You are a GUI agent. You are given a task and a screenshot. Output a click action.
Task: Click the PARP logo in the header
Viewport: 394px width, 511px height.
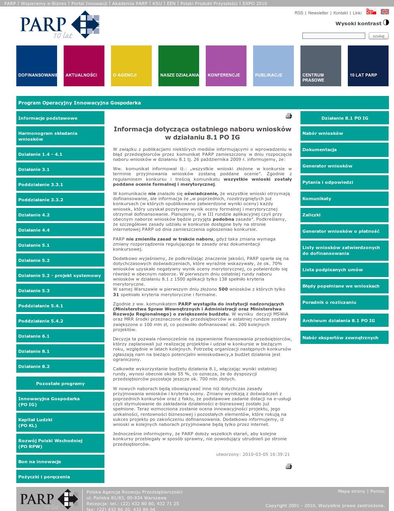60,24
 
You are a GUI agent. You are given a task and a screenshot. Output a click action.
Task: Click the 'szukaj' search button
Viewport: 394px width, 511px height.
378,36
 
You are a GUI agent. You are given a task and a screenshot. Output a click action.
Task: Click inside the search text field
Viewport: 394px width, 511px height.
333,36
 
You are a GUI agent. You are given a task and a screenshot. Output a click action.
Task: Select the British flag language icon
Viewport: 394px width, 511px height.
385,12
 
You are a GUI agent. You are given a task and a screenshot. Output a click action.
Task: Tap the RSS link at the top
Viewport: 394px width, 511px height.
299,13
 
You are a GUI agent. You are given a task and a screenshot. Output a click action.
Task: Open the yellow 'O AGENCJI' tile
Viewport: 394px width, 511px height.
131,66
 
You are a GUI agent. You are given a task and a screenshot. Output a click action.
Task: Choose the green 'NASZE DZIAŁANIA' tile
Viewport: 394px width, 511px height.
179,66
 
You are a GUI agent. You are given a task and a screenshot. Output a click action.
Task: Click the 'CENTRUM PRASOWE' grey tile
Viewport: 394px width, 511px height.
321,66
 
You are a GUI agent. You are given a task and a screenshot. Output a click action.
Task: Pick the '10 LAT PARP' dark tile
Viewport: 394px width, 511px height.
368,66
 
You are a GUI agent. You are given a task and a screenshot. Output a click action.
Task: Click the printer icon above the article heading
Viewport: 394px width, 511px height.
288,116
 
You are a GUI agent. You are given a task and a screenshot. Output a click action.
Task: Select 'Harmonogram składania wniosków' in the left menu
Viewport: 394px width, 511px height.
60,136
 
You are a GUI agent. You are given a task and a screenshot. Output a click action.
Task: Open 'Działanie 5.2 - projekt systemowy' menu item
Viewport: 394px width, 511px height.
60,276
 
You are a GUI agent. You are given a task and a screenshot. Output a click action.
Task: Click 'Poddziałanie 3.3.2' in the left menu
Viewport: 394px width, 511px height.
60,200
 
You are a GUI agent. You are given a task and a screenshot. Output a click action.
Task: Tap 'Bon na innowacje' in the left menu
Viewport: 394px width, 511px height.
60,462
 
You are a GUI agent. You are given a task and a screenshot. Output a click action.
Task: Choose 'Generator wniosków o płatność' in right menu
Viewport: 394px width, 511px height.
344,231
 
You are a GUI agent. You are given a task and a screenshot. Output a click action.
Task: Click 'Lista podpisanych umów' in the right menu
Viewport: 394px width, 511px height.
344,270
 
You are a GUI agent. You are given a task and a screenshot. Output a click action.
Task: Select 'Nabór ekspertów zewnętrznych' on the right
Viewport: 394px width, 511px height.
344,338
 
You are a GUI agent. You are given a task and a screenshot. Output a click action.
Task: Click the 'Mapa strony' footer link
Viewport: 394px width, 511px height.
351,491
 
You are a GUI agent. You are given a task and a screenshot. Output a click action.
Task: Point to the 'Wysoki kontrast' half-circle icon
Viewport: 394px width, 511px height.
386,23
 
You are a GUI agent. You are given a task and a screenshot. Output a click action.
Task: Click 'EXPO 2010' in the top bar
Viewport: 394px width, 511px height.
255,3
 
